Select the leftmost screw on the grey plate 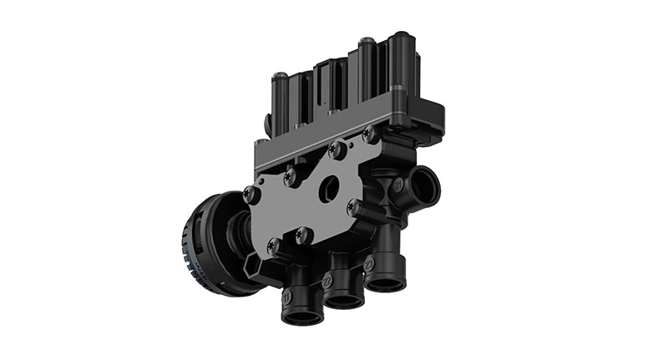coord(250,195)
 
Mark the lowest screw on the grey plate coord(273,246)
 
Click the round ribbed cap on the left coord(205,243)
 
